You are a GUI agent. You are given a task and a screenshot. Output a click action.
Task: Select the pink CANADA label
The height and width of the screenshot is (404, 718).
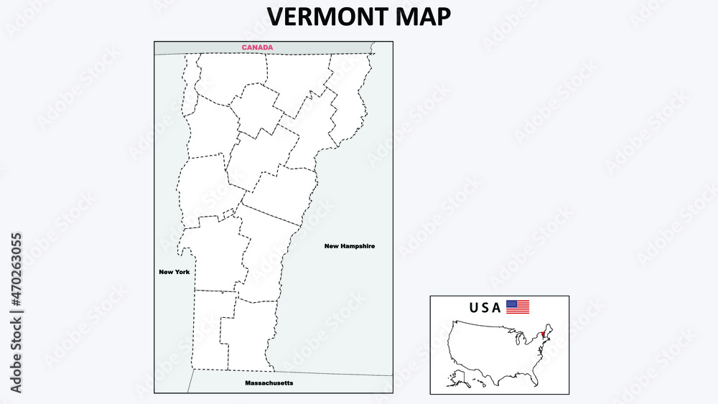pos(257,48)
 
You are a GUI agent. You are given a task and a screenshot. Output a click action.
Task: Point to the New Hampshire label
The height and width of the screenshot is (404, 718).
pos(349,246)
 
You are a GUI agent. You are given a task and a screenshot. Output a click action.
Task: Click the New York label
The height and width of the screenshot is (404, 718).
pos(174,272)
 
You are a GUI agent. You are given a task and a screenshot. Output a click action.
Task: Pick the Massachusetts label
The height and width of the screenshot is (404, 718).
pos(269,383)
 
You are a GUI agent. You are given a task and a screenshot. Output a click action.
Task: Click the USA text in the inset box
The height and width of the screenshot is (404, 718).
pos(485,308)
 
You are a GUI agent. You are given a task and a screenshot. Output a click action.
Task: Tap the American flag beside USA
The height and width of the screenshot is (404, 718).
pos(518,307)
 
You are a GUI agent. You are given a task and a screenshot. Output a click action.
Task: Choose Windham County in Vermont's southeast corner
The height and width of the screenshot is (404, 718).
pos(248,334)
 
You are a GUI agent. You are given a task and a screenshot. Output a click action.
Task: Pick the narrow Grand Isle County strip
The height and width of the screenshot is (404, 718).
pos(190,83)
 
